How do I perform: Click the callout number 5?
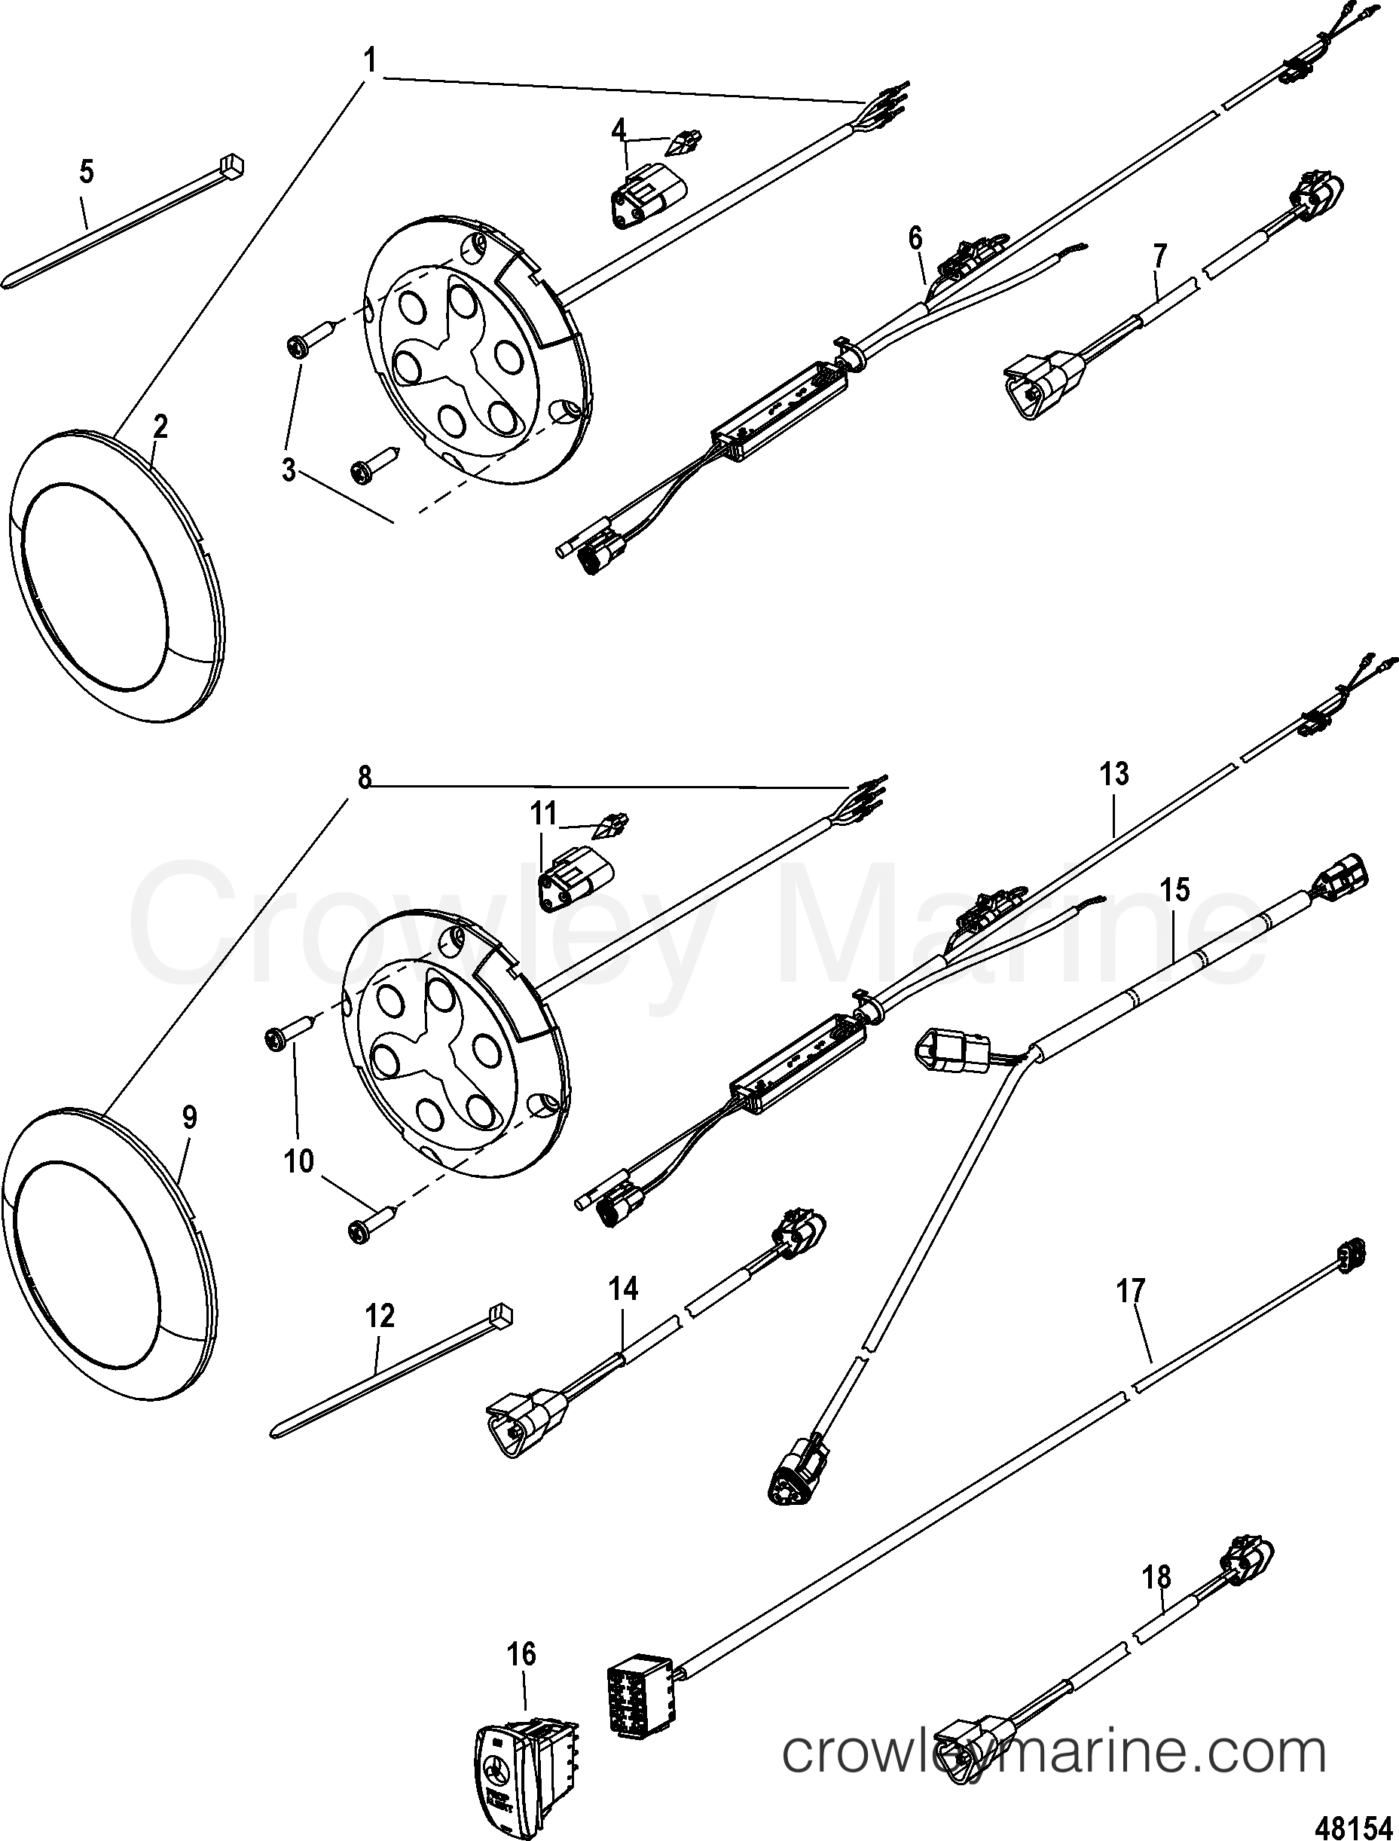(x=86, y=173)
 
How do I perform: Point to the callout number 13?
(x=1114, y=774)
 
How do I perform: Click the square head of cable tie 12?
(x=502, y=1317)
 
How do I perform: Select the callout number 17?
(x=1131, y=1313)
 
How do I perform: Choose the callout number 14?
(x=623, y=1289)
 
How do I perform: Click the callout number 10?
(x=299, y=1161)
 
